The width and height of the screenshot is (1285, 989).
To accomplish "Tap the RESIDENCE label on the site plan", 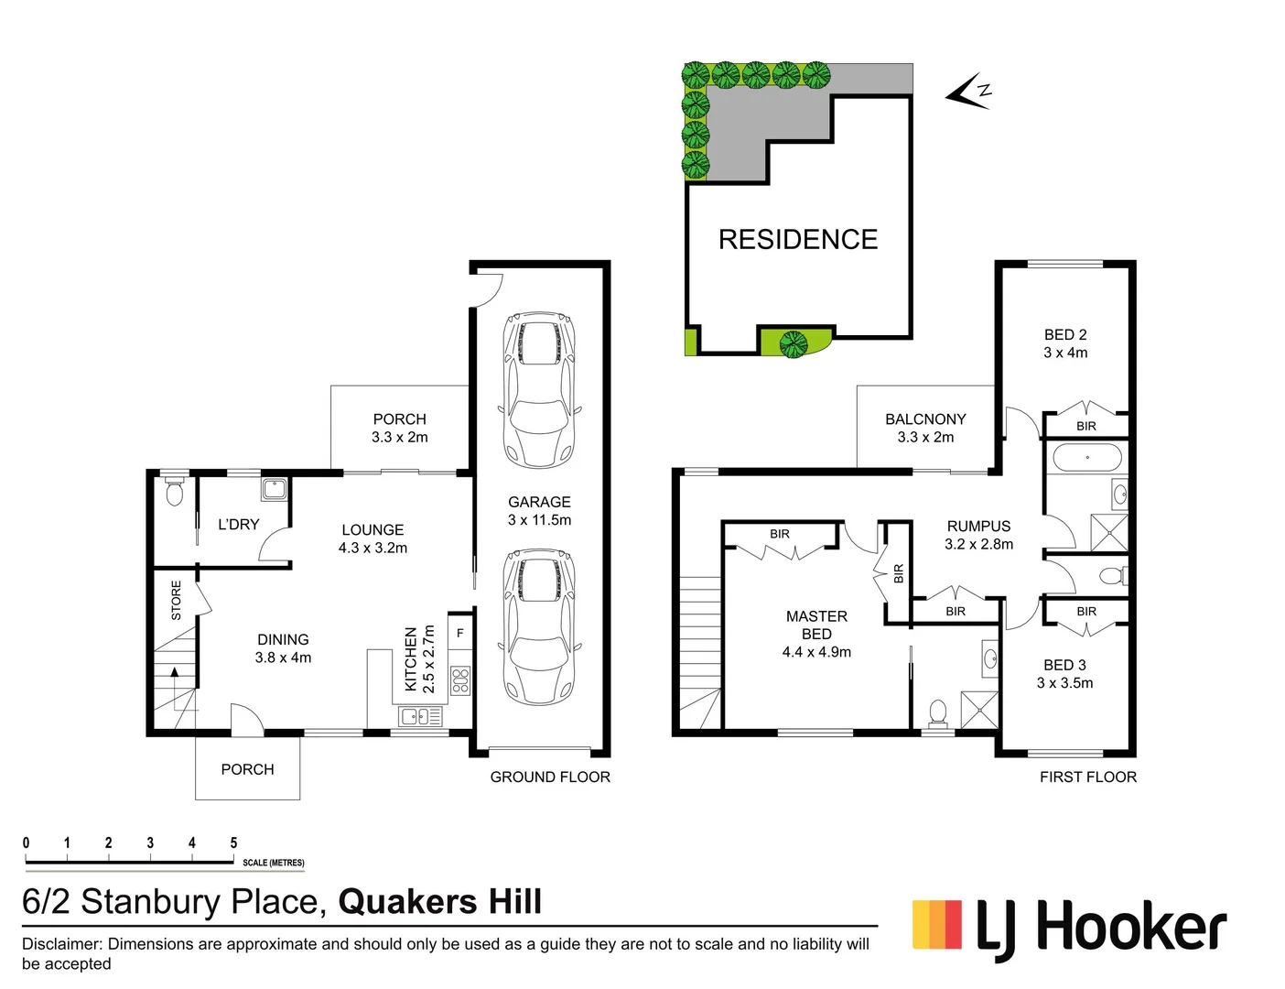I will point(797,240).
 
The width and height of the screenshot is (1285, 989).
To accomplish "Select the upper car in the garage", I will point(539,389).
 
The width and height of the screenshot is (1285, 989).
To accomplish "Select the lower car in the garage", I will point(539,626).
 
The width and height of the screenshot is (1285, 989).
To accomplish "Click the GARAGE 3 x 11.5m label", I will point(539,511).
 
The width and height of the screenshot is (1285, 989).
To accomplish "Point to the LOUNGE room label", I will point(373,538).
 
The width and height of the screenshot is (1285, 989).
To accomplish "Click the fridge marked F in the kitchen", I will point(460,633).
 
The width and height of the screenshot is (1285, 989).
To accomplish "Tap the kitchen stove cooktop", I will point(460,680).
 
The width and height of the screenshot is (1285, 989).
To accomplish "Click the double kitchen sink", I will point(421,716).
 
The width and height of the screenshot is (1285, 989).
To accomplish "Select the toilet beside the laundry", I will point(174,493).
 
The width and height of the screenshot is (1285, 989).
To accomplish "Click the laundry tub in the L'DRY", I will point(274,489).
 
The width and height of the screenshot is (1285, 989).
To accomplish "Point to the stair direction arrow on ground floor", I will point(175,679).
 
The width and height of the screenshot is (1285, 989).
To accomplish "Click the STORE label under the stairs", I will point(176,601).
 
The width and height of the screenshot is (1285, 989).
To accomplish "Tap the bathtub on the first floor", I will point(1086,457).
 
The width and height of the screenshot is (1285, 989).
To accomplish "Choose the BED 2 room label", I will point(1065,343).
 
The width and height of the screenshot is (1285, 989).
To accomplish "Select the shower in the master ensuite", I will point(979,711).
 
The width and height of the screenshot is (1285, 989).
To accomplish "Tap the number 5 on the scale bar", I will point(233,842).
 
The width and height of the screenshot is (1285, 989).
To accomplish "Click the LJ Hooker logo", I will point(1069,929).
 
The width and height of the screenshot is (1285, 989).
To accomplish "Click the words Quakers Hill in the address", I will point(440,902).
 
